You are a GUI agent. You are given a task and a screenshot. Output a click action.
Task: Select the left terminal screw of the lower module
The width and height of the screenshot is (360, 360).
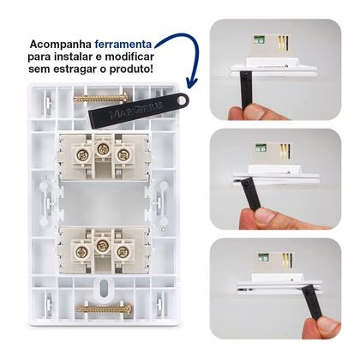point(82,253)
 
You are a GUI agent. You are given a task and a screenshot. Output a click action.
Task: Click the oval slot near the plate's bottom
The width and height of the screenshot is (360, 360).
point(104,285)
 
